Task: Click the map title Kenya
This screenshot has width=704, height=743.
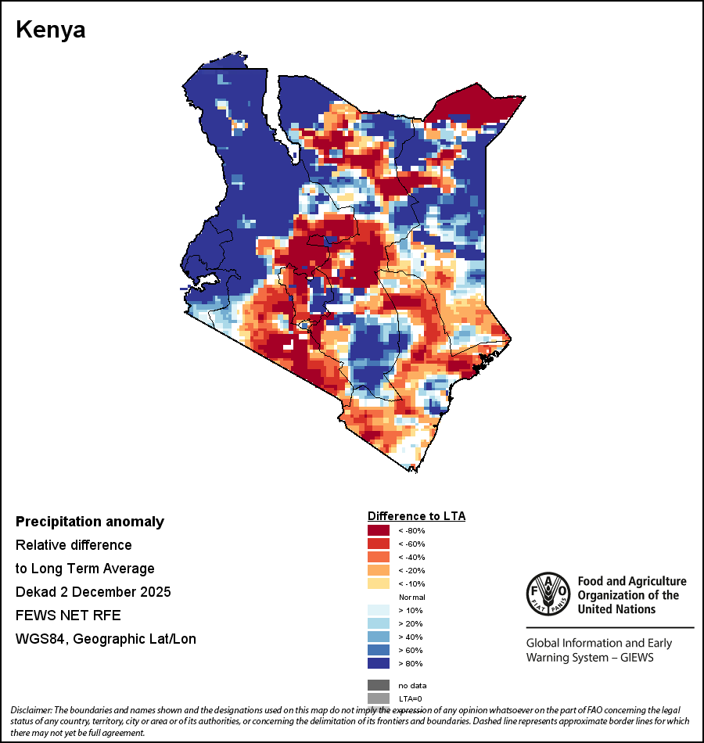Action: click(x=51, y=31)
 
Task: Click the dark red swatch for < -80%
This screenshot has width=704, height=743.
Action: click(x=379, y=530)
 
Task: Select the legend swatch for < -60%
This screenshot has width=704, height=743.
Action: click(x=379, y=544)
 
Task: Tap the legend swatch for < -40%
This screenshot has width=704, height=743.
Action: click(x=379, y=557)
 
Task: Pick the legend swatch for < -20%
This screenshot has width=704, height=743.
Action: click(x=379, y=570)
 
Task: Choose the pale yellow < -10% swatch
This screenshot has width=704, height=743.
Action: click(x=379, y=583)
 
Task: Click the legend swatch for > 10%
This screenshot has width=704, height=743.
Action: click(x=379, y=610)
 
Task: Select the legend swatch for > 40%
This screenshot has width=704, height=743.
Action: click(x=379, y=637)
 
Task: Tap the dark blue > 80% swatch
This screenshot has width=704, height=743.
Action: click(x=379, y=663)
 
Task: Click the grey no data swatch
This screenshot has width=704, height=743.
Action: click(x=379, y=685)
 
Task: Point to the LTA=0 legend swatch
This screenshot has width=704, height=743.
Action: click(x=379, y=698)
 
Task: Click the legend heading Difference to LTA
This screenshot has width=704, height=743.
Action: click(x=416, y=516)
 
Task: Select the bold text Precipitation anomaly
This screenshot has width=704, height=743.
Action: click(x=90, y=522)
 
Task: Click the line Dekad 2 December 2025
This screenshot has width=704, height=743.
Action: click(x=93, y=591)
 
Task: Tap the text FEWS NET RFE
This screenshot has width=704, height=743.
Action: click(x=68, y=615)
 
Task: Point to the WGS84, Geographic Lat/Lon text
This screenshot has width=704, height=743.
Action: click(x=106, y=639)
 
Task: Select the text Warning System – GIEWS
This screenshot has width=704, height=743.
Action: click(x=590, y=657)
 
